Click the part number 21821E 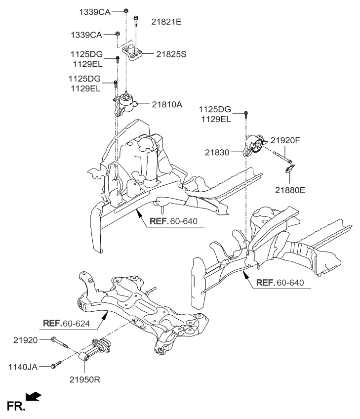(156, 22)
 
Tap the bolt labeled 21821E (135, 20)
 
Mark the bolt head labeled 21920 (53, 339)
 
